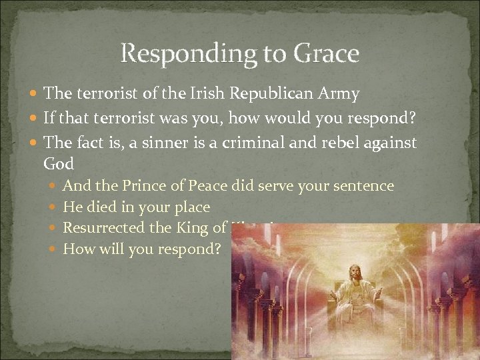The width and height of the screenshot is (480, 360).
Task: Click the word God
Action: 58,163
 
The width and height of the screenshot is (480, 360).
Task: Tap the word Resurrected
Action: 103,228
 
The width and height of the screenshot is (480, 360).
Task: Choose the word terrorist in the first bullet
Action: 102,94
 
